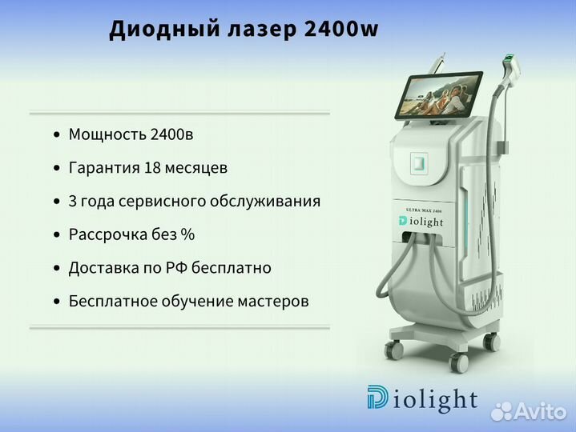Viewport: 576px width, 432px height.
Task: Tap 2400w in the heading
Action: point(341,28)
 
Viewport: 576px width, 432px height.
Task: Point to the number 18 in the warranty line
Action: point(152,167)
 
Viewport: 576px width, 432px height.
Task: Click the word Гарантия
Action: point(104,168)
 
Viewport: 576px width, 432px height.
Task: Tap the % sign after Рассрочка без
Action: point(187,234)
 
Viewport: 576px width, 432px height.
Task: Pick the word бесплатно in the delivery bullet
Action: point(232,267)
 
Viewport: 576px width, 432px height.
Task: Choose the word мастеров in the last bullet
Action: point(273,302)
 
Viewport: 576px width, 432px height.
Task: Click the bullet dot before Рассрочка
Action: point(56,234)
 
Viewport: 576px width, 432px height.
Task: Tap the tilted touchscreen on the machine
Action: point(439,94)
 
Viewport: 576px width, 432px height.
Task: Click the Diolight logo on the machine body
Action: point(421,221)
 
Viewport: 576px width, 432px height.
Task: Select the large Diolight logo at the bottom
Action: point(422,398)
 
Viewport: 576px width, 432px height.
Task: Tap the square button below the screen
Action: point(419,162)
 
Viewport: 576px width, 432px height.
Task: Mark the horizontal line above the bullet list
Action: point(179,114)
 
